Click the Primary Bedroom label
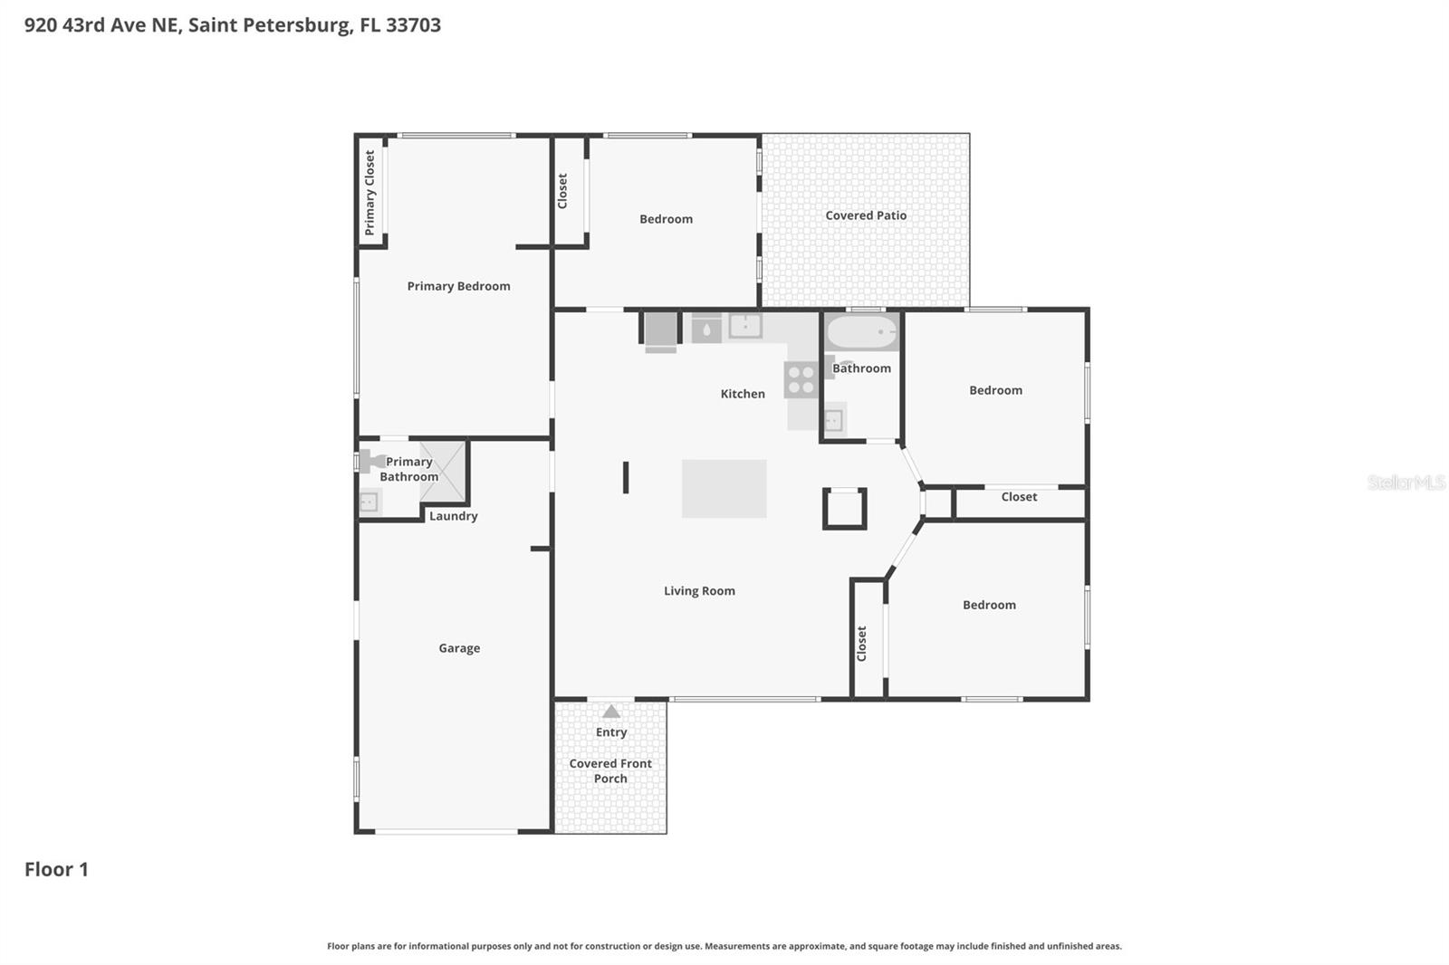(x=458, y=286)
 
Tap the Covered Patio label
(x=865, y=215)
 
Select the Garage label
(x=459, y=648)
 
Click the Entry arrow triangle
(x=611, y=712)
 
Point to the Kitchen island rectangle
(x=724, y=489)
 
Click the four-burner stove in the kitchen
(x=801, y=379)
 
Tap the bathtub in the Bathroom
(x=861, y=333)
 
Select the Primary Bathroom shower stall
(x=443, y=471)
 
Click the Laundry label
(x=453, y=516)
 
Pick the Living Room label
(x=699, y=591)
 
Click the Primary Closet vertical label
(x=369, y=193)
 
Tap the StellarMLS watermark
(x=1406, y=482)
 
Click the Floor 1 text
(x=56, y=869)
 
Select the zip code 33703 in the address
(x=413, y=25)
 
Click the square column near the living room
(x=844, y=509)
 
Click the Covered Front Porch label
(x=610, y=771)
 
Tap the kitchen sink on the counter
(x=744, y=326)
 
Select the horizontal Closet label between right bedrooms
(x=1019, y=497)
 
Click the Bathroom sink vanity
(x=833, y=420)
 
